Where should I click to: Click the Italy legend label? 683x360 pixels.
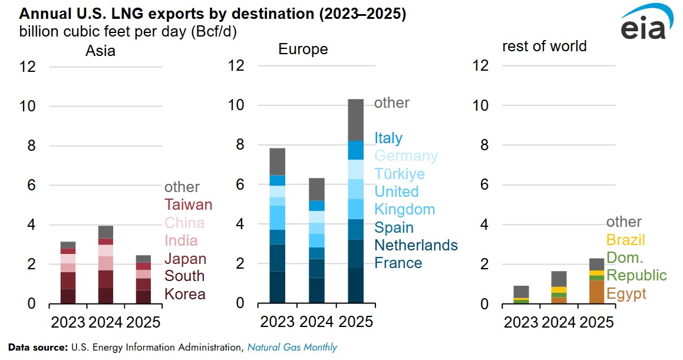pyautogui.click(x=388, y=138)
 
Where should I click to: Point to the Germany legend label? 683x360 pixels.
pyautogui.click(x=406, y=156)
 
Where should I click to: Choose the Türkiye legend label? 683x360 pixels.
pyautogui.click(x=400, y=174)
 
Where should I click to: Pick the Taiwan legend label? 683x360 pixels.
pyautogui.click(x=188, y=205)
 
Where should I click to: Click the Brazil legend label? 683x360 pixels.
pyautogui.click(x=626, y=240)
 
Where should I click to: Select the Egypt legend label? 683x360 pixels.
pyautogui.click(x=626, y=294)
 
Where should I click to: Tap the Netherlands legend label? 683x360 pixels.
pyautogui.click(x=416, y=245)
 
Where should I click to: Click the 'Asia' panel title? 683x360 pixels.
pyautogui.click(x=100, y=51)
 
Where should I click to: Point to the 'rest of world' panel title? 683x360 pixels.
pyautogui.click(x=544, y=46)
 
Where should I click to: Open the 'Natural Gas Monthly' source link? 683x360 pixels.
pyautogui.click(x=292, y=347)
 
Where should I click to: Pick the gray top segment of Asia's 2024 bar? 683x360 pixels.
pyautogui.click(x=105, y=232)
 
